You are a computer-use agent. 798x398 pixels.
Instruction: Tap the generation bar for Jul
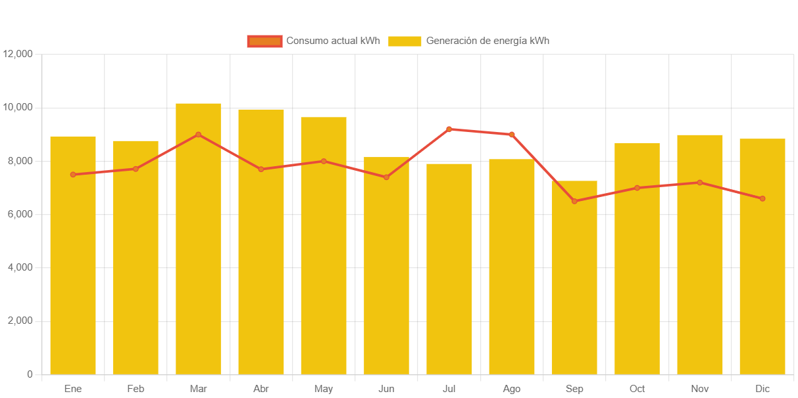click(449, 269)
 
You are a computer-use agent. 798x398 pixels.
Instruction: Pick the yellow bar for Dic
click(762, 256)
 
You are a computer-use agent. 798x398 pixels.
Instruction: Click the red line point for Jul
click(449, 129)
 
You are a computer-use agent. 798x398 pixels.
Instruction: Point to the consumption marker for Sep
click(574, 201)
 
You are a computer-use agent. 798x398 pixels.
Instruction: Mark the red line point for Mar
click(198, 135)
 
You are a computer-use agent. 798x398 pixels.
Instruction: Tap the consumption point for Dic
click(762, 198)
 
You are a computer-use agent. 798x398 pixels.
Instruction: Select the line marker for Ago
click(512, 135)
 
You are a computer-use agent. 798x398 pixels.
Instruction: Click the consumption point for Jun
click(386, 177)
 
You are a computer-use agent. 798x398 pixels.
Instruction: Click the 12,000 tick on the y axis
click(18, 54)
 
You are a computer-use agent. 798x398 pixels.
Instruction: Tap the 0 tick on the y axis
click(30, 374)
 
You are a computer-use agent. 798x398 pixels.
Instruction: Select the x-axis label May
click(324, 389)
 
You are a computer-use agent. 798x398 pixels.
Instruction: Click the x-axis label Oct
click(637, 389)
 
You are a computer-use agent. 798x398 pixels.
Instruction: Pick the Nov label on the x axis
click(700, 389)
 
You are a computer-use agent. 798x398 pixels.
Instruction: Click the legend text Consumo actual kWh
click(333, 41)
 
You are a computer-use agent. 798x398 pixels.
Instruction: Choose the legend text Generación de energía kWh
click(487, 41)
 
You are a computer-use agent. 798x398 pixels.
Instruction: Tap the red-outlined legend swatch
click(264, 41)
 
